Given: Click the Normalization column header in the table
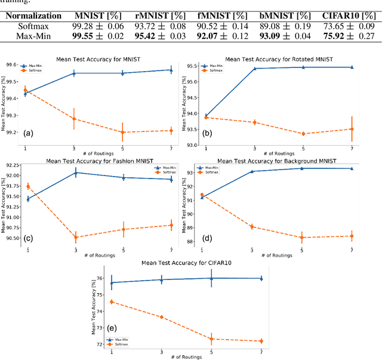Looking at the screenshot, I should (33, 16).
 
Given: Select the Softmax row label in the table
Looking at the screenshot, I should (33, 27).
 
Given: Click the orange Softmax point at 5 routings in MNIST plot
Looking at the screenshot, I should (122, 132).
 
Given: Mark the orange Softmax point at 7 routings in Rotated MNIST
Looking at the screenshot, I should (352, 129).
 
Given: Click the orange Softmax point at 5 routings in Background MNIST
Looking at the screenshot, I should (301, 237).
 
